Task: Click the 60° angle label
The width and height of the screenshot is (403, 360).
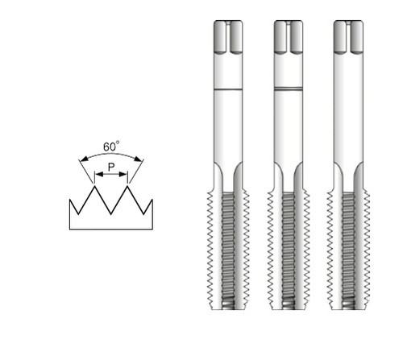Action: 111,147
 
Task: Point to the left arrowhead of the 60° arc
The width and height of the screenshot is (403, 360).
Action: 81,161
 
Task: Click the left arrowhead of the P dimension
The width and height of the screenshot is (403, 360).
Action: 97,174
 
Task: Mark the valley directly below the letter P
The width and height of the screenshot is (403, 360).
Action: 110,213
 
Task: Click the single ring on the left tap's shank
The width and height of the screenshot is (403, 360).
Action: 229,86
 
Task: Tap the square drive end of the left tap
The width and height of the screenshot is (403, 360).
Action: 229,37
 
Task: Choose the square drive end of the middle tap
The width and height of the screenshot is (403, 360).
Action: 289,37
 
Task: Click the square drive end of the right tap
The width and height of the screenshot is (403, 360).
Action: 348,37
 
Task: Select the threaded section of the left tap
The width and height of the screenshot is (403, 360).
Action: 229,250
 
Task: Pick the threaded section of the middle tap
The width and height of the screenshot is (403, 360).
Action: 289,250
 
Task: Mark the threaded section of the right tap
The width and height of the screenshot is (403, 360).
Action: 348,250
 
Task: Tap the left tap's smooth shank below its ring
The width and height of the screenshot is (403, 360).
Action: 229,129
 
